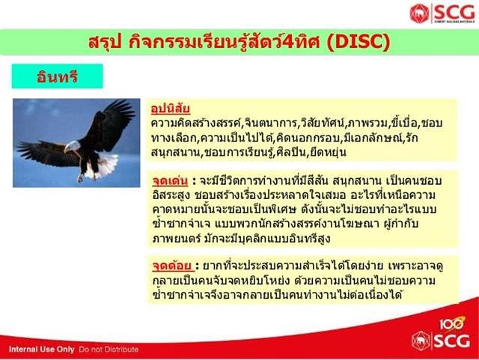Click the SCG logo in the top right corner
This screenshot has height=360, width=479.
pos(442,13)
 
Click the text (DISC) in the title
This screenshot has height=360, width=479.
pos(358,42)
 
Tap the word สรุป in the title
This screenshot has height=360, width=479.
pos(105,42)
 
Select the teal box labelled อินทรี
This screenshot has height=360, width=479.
pos(57,76)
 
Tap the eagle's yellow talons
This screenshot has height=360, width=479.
pos(81,178)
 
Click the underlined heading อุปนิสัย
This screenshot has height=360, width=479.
pos(171,109)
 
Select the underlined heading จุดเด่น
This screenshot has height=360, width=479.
pos(170,181)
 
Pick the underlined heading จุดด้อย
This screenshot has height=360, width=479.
pos(173,266)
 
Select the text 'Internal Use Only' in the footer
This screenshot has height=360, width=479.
pos(42,350)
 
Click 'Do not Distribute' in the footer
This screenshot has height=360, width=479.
pos(109,350)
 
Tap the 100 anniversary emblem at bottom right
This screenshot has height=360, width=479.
pos(452,323)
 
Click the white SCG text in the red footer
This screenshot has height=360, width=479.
pos(452,341)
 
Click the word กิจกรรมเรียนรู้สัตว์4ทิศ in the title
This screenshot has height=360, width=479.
pos(225,42)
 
